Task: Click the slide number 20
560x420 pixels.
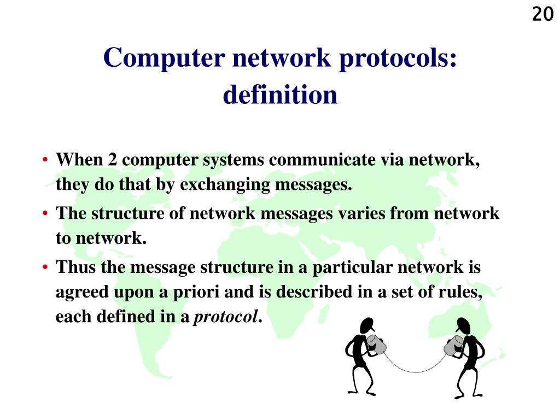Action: coord(542,14)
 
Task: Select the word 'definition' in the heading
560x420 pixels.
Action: coord(280,95)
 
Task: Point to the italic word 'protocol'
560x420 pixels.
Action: coord(226,317)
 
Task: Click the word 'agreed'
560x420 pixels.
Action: coord(83,293)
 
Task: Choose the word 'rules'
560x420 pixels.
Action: coord(465,293)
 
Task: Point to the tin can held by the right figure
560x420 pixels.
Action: coord(452,346)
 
